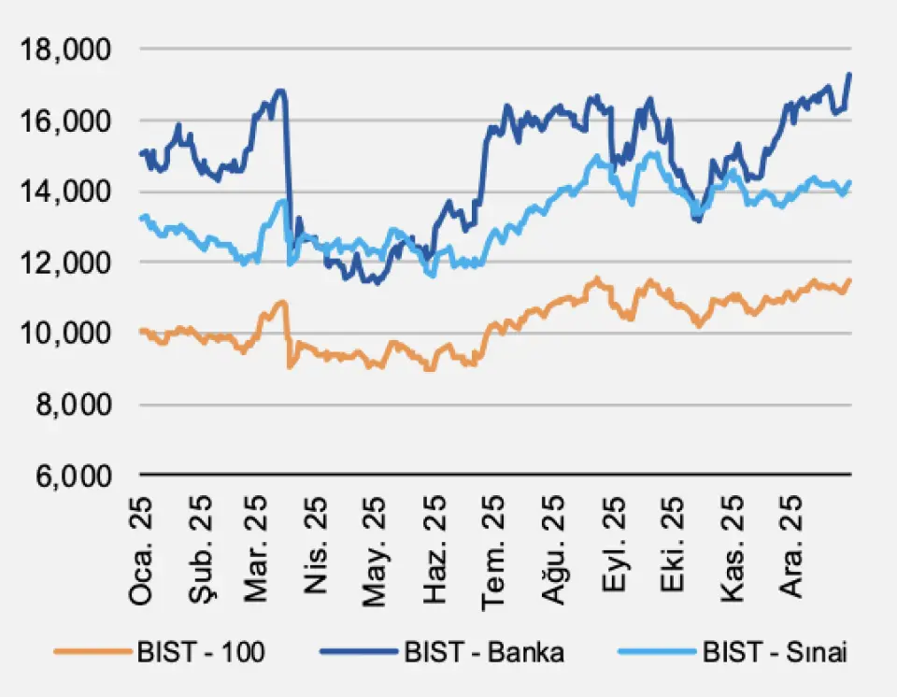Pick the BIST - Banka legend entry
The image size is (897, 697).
click(x=484, y=652)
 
